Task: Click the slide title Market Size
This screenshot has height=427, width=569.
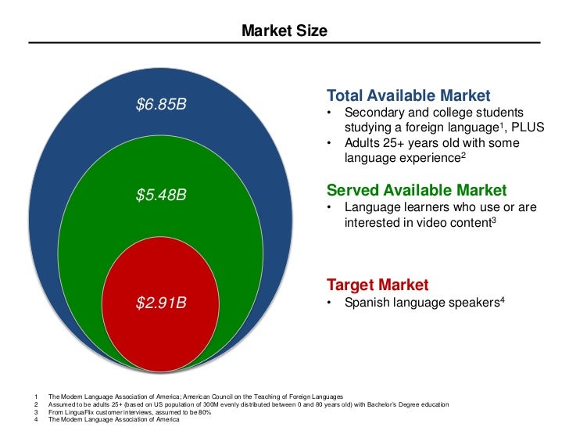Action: pyautogui.click(x=284, y=31)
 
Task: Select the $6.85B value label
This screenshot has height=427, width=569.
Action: pyautogui.click(x=161, y=103)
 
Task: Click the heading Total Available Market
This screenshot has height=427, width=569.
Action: pyautogui.click(x=408, y=96)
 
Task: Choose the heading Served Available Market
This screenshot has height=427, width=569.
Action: pyautogui.click(x=417, y=190)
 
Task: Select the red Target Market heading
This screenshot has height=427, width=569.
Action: pyautogui.click(x=378, y=285)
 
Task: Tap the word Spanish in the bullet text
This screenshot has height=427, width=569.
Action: pyautogui.click(x=367, y=303)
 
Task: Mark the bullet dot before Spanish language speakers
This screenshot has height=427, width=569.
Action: pyautogui.click(x=331, y=303)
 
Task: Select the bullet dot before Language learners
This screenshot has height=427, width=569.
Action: pyautogui.click(x=331, y=207)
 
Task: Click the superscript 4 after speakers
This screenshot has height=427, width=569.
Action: pyautogui.click(x=502, y=299)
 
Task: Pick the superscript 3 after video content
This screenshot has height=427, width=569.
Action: pyautogui.click(x=494, y=219)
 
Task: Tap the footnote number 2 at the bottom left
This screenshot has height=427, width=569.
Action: pyautogui.click(x=37, y=404)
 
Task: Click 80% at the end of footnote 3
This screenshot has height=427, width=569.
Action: pyautogui.click(x=204, y=412)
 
